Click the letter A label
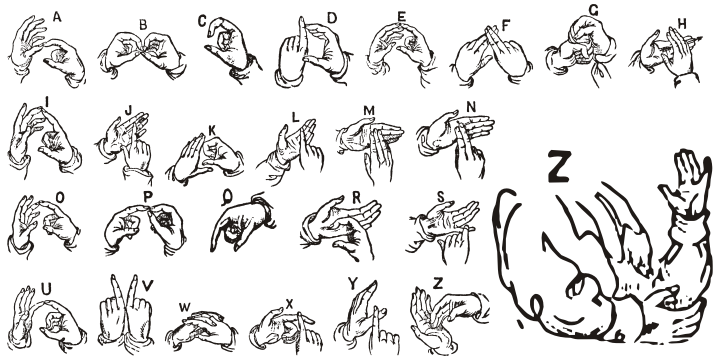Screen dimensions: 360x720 click(x=56, y=16)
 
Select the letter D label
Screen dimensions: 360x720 click(x=332, y=17)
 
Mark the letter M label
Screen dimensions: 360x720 click(x=368, y=110)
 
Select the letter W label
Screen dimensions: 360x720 click(x=185, y=306)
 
